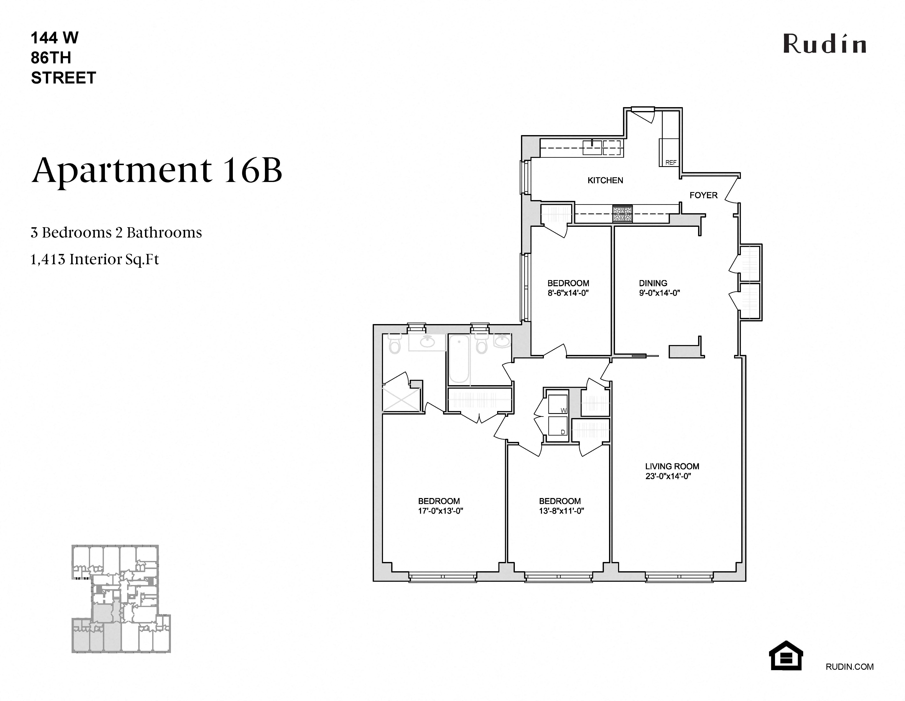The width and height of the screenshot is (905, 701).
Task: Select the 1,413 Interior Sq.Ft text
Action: tap(95, 259)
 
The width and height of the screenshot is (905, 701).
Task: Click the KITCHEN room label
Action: tap(605, 180)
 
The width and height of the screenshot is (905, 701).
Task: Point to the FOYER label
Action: tap(703, 195)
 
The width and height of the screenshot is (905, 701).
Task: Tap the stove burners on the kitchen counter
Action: tap(622, 214)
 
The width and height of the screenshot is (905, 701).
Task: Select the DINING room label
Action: tap(653, 283)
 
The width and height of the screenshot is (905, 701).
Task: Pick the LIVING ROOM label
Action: tap(672, 467)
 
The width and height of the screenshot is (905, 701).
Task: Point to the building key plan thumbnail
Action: tap(121, 599)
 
